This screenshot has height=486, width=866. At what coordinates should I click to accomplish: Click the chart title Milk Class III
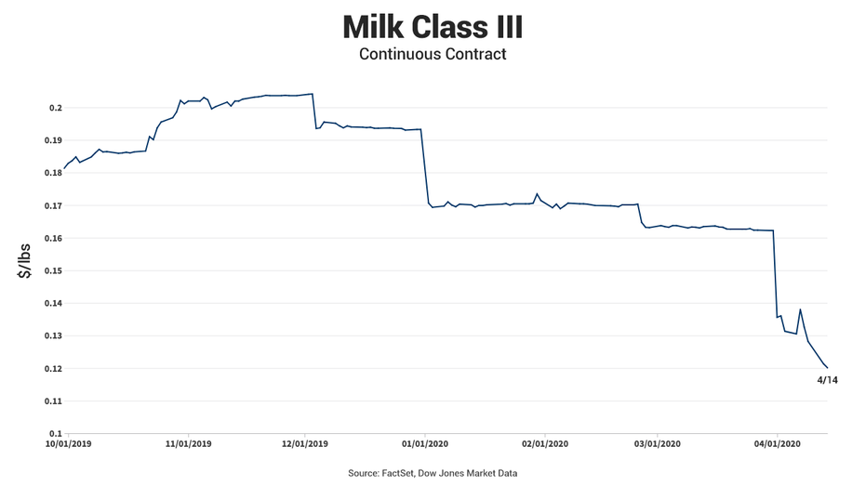click(433, 26)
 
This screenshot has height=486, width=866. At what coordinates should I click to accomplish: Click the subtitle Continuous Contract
click(433, 54)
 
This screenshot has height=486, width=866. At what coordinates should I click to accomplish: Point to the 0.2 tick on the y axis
click(56, 108)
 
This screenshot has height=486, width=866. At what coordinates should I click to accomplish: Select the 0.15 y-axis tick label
click(53, 270)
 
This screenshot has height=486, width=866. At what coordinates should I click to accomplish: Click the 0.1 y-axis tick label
click(56, 433)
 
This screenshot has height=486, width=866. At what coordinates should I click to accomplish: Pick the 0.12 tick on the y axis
click(53, 368)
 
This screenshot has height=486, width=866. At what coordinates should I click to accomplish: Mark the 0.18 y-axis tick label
click(53, 173)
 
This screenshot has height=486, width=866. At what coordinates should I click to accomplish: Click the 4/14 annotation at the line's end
click(827, 380)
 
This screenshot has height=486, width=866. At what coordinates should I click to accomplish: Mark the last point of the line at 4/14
click(827, 368)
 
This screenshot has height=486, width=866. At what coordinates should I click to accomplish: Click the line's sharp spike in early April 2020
click(800, 309)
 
